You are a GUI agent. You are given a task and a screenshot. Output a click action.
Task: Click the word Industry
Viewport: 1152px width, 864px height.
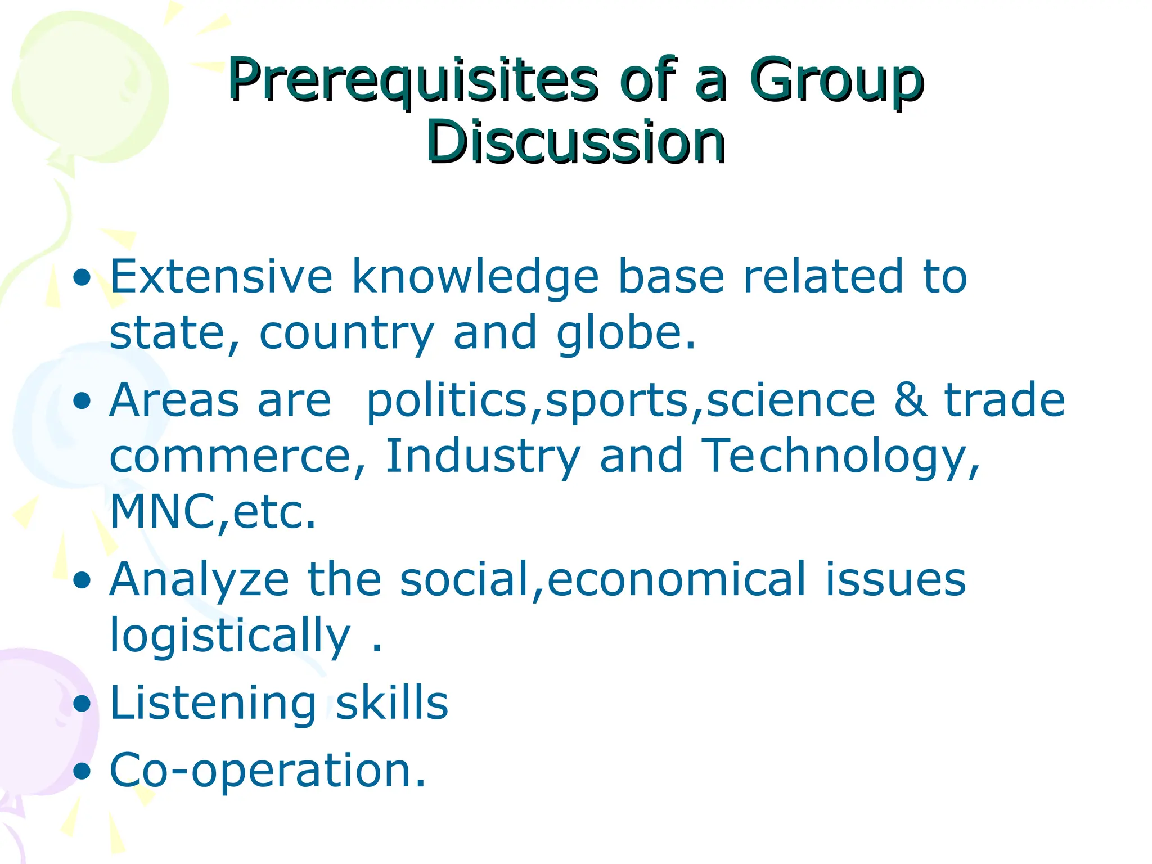coord(483,457)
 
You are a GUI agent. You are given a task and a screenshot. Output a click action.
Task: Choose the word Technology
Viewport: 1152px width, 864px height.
coord(841,457)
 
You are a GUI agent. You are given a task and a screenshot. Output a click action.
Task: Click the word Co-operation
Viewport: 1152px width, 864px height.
coord(267,771)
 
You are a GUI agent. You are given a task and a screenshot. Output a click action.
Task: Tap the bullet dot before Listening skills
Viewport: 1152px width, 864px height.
coord(82,704)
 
